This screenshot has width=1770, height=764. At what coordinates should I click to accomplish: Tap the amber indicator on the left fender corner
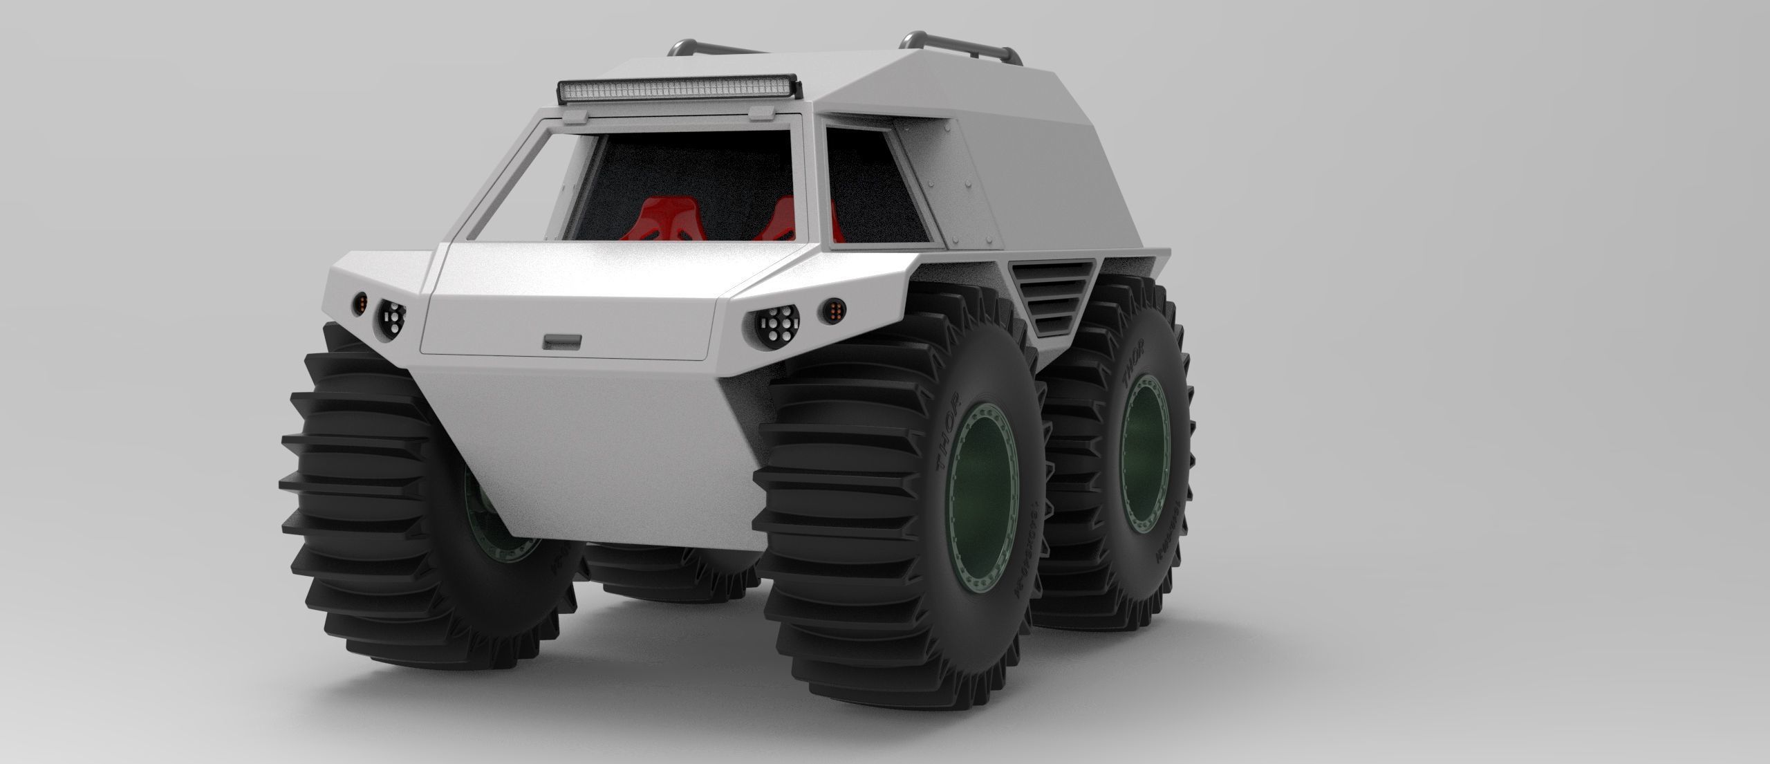pyautogui.click(x=360, y=302)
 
